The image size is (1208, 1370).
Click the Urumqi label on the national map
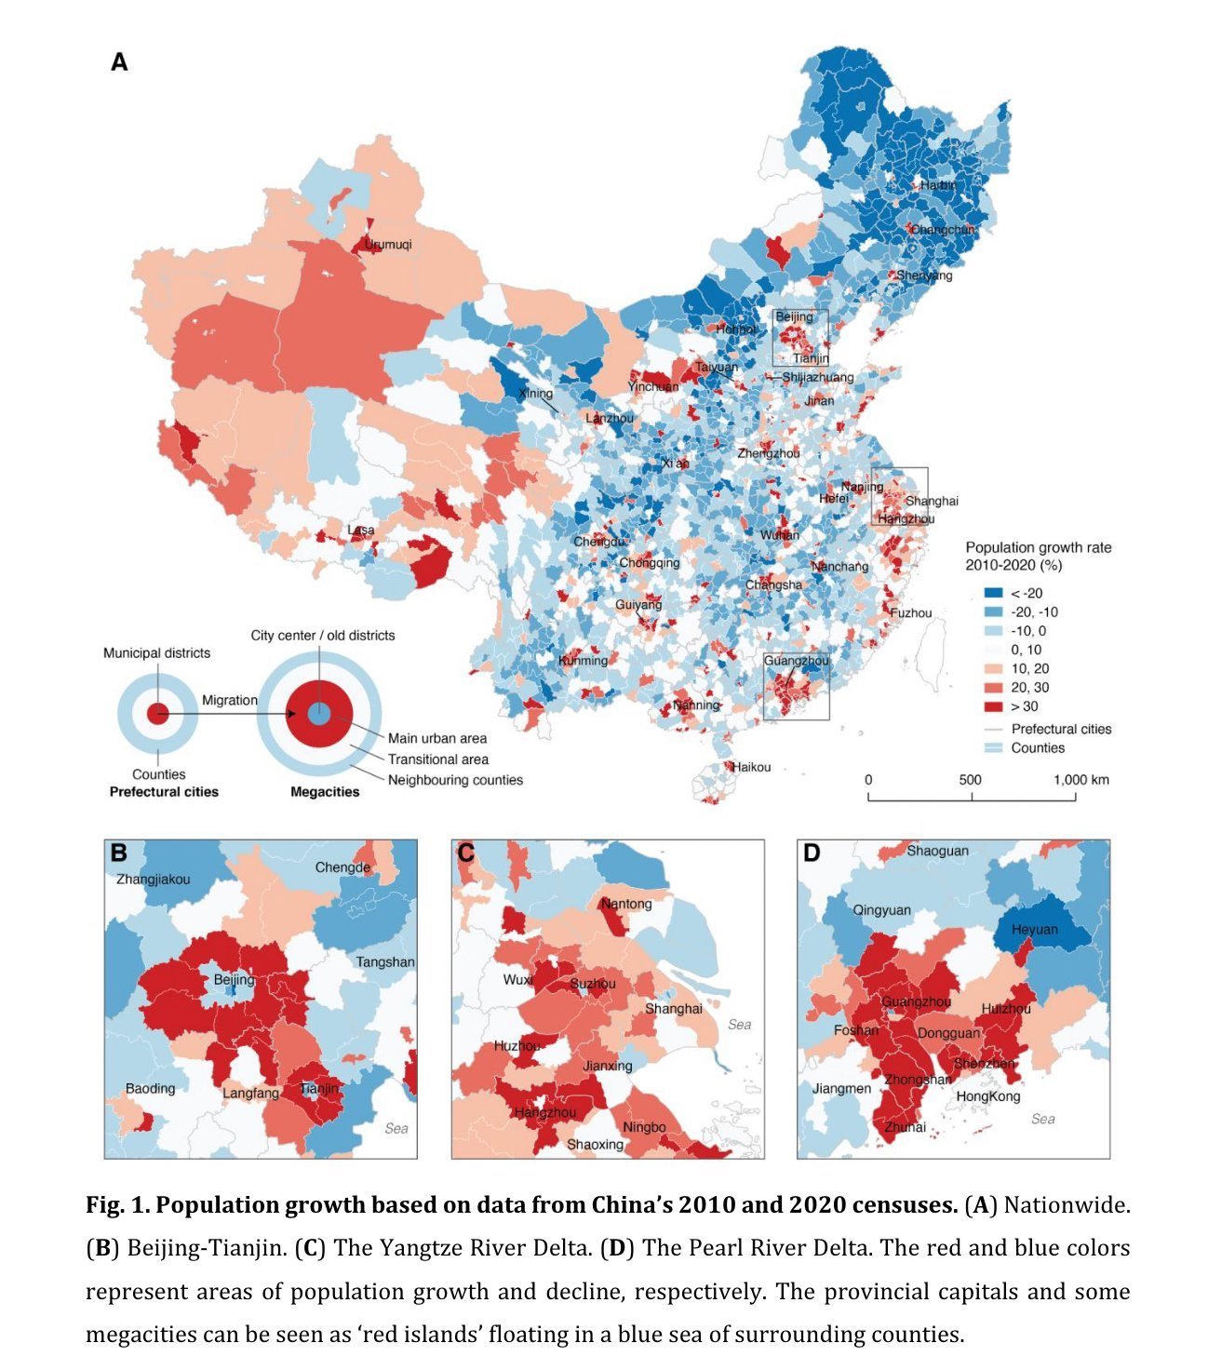pos(387,245)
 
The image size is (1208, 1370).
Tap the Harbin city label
pos(938,185)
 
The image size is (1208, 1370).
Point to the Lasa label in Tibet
pos(361,531)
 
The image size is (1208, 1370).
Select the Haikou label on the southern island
pos(752,767)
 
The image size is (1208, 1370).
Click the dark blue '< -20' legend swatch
pos(993,593)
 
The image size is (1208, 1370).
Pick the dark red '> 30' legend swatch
pos(993,706)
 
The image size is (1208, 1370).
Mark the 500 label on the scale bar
pos(970,780)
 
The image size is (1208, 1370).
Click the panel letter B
pos(119,853)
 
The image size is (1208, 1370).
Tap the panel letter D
pos(812,853)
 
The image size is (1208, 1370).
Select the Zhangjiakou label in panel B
pos(153,880)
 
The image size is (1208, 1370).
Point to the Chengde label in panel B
pos(342,867)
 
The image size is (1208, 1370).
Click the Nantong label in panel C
pos(626,904)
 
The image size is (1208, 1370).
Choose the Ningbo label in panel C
pos(644,1127)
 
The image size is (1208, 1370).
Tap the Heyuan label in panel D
pos(1035,930)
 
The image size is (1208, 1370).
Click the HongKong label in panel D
pos(988,1096)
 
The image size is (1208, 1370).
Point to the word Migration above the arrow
pos(230,700)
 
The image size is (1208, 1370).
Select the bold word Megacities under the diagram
pos(325,792)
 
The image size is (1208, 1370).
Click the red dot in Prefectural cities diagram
pos(158,715)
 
